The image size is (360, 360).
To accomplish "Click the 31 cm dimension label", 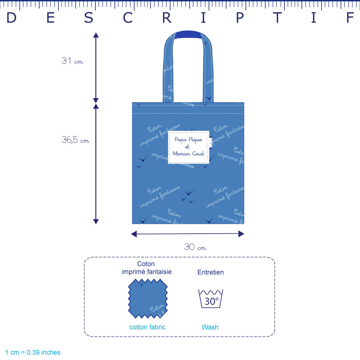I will pos(72,61).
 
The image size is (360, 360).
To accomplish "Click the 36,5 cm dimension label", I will pos(75,140).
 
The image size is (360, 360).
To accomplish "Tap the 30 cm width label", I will pos(195,247).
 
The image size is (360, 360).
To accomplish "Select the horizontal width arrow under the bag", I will pos(188,234).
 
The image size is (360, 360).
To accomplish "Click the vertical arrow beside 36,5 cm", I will pos(96,164).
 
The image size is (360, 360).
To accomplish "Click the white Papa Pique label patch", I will pos(188,147).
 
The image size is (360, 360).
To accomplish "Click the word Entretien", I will pos(210,273).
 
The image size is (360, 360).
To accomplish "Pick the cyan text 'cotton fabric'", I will pos(147,327).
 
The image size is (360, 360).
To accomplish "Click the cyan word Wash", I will pos(210,327).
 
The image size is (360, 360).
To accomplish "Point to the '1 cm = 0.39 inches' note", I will pos(33,352).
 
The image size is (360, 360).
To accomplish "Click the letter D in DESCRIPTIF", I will pos(12,18).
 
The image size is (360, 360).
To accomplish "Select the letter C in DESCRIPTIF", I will pos(128,18).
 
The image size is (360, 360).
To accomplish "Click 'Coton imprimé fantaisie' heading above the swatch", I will pos(147,268).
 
